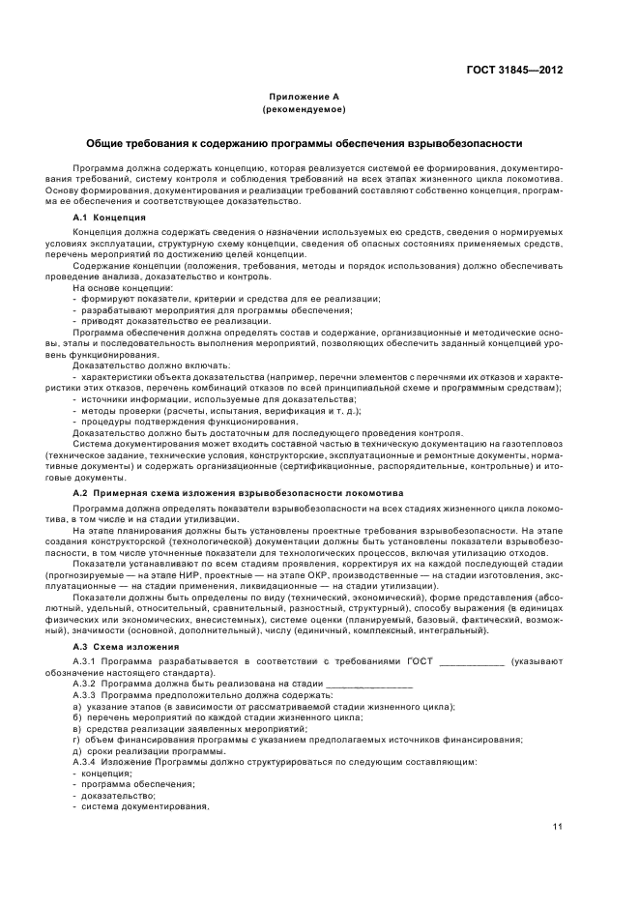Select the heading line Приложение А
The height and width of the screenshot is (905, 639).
[x=304, y=97]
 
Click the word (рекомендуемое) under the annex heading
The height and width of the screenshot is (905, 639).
[x=304, y=109]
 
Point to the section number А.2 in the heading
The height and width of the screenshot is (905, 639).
[x=80, y=493]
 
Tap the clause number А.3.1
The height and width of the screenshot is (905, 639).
[x=85, y=661]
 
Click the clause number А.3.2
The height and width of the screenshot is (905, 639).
[x=85, y=683]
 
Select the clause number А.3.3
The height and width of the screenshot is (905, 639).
[x=85, y=694]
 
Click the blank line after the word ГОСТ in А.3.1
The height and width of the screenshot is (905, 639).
[x=471, y=662]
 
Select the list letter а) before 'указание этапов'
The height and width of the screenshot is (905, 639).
[x=77, y=706]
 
